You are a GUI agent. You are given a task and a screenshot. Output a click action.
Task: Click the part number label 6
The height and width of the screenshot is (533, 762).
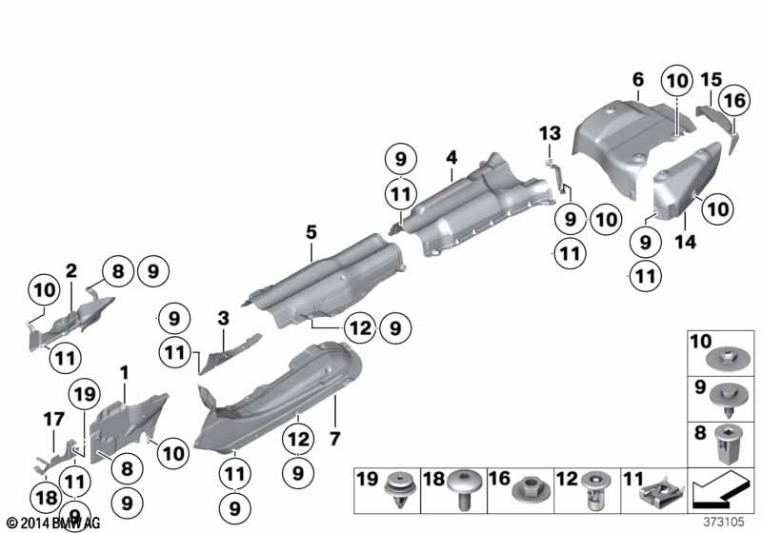click(x=638, y=80)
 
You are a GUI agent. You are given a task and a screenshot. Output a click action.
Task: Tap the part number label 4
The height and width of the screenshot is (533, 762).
click(x=451, y=157)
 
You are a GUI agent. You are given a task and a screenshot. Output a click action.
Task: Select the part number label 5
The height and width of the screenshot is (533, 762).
click(x=311, y=232)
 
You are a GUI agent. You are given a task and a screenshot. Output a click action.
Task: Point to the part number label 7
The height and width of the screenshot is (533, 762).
click(x=334, y=439)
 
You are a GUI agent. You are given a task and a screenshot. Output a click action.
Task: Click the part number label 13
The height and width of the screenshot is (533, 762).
click(x=551, y=133)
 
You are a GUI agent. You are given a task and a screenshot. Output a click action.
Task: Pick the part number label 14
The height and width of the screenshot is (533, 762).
click(x=685, y=242)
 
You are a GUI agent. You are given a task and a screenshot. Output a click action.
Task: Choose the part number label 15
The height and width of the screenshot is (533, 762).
click(x=712, y=80)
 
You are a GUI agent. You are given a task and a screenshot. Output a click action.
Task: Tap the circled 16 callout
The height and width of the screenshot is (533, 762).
click(x=734, y=101)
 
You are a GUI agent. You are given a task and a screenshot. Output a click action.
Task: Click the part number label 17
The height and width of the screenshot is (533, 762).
click(x=53, y=419)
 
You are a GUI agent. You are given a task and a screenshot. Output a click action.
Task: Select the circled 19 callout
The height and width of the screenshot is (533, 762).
click(x=85, y=394)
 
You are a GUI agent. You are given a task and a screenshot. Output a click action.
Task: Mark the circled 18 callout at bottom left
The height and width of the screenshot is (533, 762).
click(x=47, y=498)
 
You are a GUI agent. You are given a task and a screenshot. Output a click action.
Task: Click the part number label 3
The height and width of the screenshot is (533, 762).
click(x=223, y=319)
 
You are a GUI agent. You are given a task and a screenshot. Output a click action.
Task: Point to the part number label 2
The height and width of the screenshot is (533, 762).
click(x=70, y=271)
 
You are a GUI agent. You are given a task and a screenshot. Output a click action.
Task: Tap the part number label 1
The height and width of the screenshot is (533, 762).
click(x=125, y=373)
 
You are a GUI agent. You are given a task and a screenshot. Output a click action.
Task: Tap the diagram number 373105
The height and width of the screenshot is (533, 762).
click(x=724, y=522)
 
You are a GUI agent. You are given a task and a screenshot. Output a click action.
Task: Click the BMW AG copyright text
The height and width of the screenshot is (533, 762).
click(x=53, y=523)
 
